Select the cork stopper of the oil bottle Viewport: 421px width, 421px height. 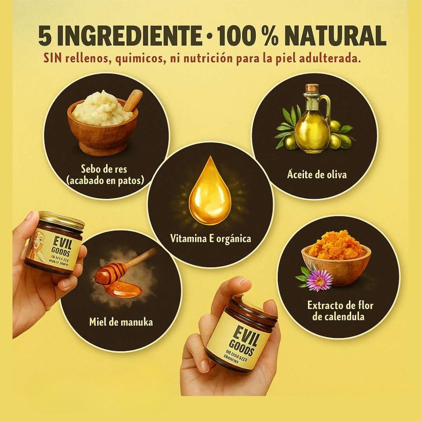[312, 88]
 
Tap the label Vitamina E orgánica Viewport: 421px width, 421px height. [210, 238]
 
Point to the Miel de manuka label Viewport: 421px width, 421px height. [121, 322]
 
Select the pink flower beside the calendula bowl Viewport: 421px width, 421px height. [319, 279]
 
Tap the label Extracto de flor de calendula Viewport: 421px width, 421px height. [340, 311]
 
